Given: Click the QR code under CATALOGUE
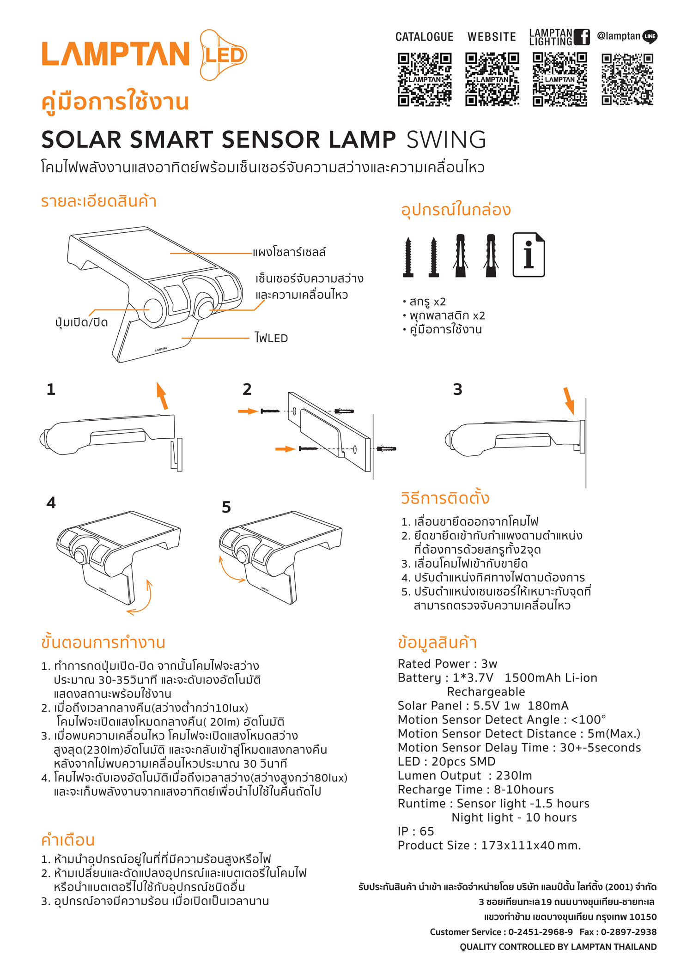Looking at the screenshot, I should pos(424,79).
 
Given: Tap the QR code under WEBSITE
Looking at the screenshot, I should pos(492,79).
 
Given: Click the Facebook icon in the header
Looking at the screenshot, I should pos(584,37).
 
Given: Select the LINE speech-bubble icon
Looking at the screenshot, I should pos(650,36).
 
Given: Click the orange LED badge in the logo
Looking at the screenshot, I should pos(224,55).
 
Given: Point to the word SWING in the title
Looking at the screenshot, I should pos(446,139).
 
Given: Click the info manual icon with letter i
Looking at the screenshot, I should pos(529,255).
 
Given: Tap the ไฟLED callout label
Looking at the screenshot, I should pos(271,338).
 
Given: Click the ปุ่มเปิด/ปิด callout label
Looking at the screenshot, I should pos(81,322).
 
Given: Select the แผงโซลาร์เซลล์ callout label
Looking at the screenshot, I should pos(289,252).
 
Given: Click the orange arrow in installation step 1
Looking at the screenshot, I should pos(162,396).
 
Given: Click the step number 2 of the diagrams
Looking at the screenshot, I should pos(247,389).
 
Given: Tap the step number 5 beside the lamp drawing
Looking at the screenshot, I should pos(226,507).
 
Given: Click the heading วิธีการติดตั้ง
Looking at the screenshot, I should pos(445,498).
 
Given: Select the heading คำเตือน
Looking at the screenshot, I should pos(68,840).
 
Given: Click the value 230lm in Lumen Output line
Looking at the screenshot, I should pos(514,775).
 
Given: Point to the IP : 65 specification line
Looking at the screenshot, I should pos(416,831).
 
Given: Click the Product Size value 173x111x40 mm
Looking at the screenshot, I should pos(531,845).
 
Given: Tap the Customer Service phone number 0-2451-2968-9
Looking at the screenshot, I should pos(541,932).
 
